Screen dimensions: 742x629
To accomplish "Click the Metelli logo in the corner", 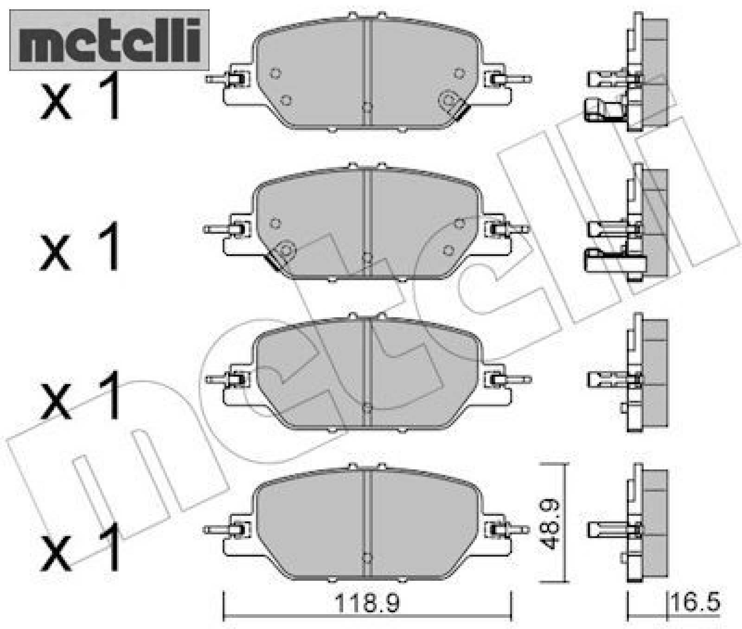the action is pyautogui.click(x=109, y=40).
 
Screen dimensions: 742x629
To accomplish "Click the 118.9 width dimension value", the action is pyautogui.click(x=367, y=603).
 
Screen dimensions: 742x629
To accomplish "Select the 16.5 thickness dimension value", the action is pyautogui.click(x=696, y=603).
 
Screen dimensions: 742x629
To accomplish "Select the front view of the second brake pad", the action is pyautogui.click(x=366, y=223).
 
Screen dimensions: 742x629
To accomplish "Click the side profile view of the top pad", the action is pyautogui.click(x=628, y=72).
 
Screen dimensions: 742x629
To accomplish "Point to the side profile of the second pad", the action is pyautogui.click(x=628, y=223).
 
